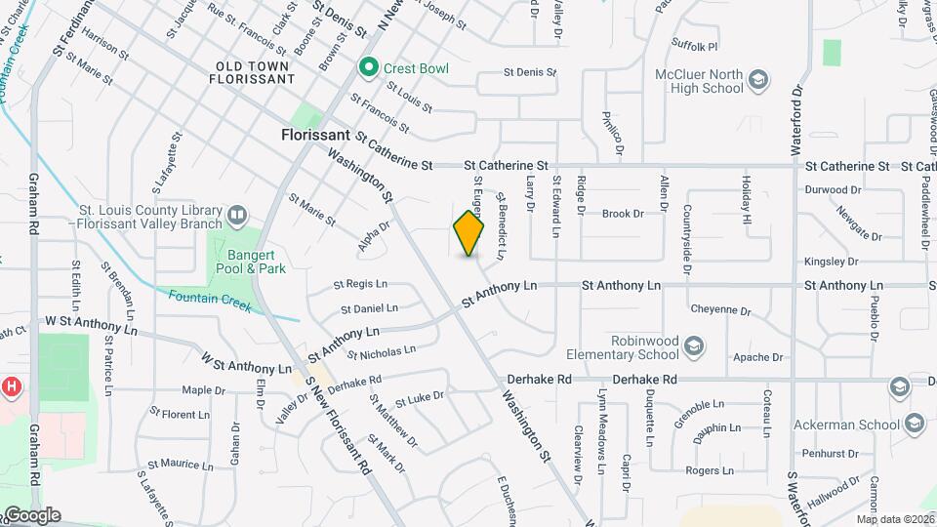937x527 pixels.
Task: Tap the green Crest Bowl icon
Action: tap(368, 67)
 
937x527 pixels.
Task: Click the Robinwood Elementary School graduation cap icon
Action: tap(693, 345)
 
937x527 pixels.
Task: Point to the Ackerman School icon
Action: tap(915, 424)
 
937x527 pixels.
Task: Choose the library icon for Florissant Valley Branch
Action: tap(237, 214)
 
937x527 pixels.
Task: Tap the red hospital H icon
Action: tap(11, 386)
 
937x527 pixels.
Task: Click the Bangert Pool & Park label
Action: tap(250, 261)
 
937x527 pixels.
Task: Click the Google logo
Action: tap(31, 515)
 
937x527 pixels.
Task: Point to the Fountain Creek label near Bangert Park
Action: tap(210, 302)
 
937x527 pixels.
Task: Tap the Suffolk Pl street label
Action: tap(694, 46)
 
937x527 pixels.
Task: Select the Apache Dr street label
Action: tap(758, 357)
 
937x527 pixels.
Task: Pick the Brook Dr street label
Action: tap(623, 214)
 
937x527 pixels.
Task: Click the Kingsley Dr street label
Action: tap(831, 262)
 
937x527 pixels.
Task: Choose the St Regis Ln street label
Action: tap(360, 284)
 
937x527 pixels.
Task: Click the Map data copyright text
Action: tap(896, 519)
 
